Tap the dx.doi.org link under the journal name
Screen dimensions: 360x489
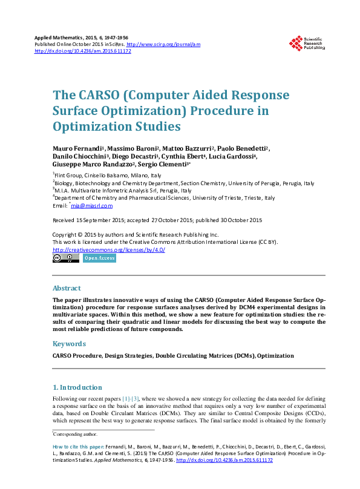pos(83,51)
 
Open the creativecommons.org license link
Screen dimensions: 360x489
pos(109,250)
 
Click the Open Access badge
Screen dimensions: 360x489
pos(99,258)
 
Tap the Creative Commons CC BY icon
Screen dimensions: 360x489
pos(66,258)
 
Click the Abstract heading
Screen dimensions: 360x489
pos(67,288)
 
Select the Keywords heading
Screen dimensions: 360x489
pos(69,344)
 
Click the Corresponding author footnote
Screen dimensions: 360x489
pos(75,434)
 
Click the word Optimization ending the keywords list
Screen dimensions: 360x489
pos(276,356)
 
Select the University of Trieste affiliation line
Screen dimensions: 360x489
pos(163,198)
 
